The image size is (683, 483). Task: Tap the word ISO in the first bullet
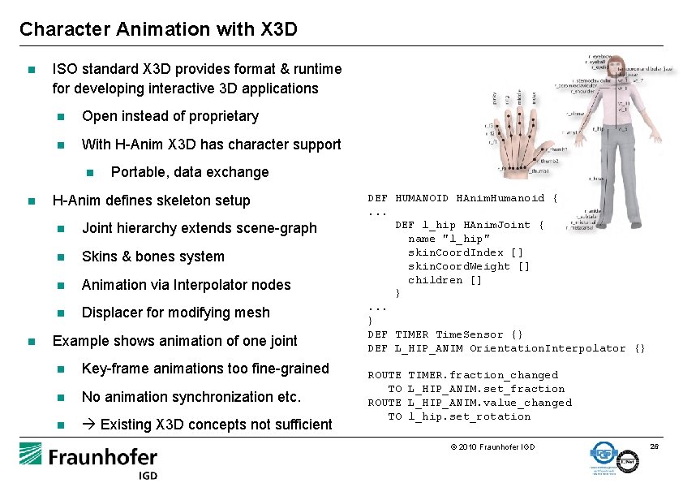[x=66, y=70]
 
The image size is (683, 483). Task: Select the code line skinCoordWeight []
[x=469, y=266]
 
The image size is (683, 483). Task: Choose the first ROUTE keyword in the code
[x=384, y=375]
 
